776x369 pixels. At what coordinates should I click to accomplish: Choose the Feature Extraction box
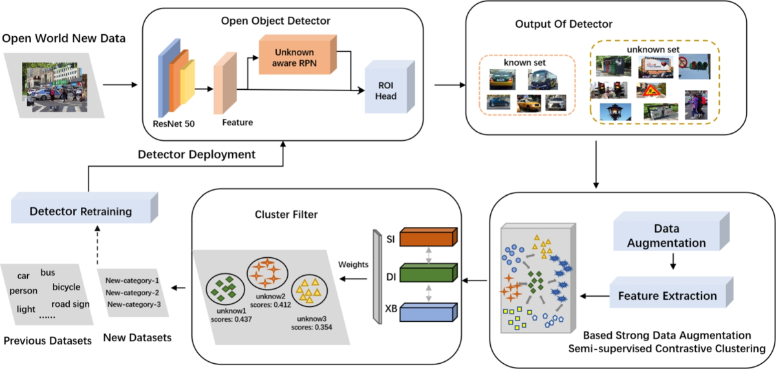[667, 296]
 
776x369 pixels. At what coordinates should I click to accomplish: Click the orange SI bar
[427, 238]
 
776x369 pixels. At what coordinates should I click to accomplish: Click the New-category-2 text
[133, 293]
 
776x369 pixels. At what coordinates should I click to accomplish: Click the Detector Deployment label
[197, 155]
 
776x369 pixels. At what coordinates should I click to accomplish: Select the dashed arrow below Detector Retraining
[98, 244]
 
